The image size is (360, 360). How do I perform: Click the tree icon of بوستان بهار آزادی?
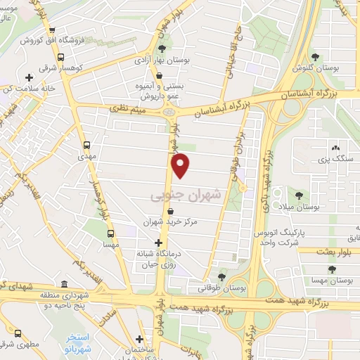(x=162, y=48)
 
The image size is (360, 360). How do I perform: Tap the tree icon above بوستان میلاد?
(x=300, y=195)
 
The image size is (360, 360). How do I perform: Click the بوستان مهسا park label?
(x=334, y=281)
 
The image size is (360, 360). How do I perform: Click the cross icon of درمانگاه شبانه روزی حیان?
(x=167, y=242)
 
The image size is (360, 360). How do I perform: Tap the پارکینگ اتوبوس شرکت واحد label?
(x=297, y=237)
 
